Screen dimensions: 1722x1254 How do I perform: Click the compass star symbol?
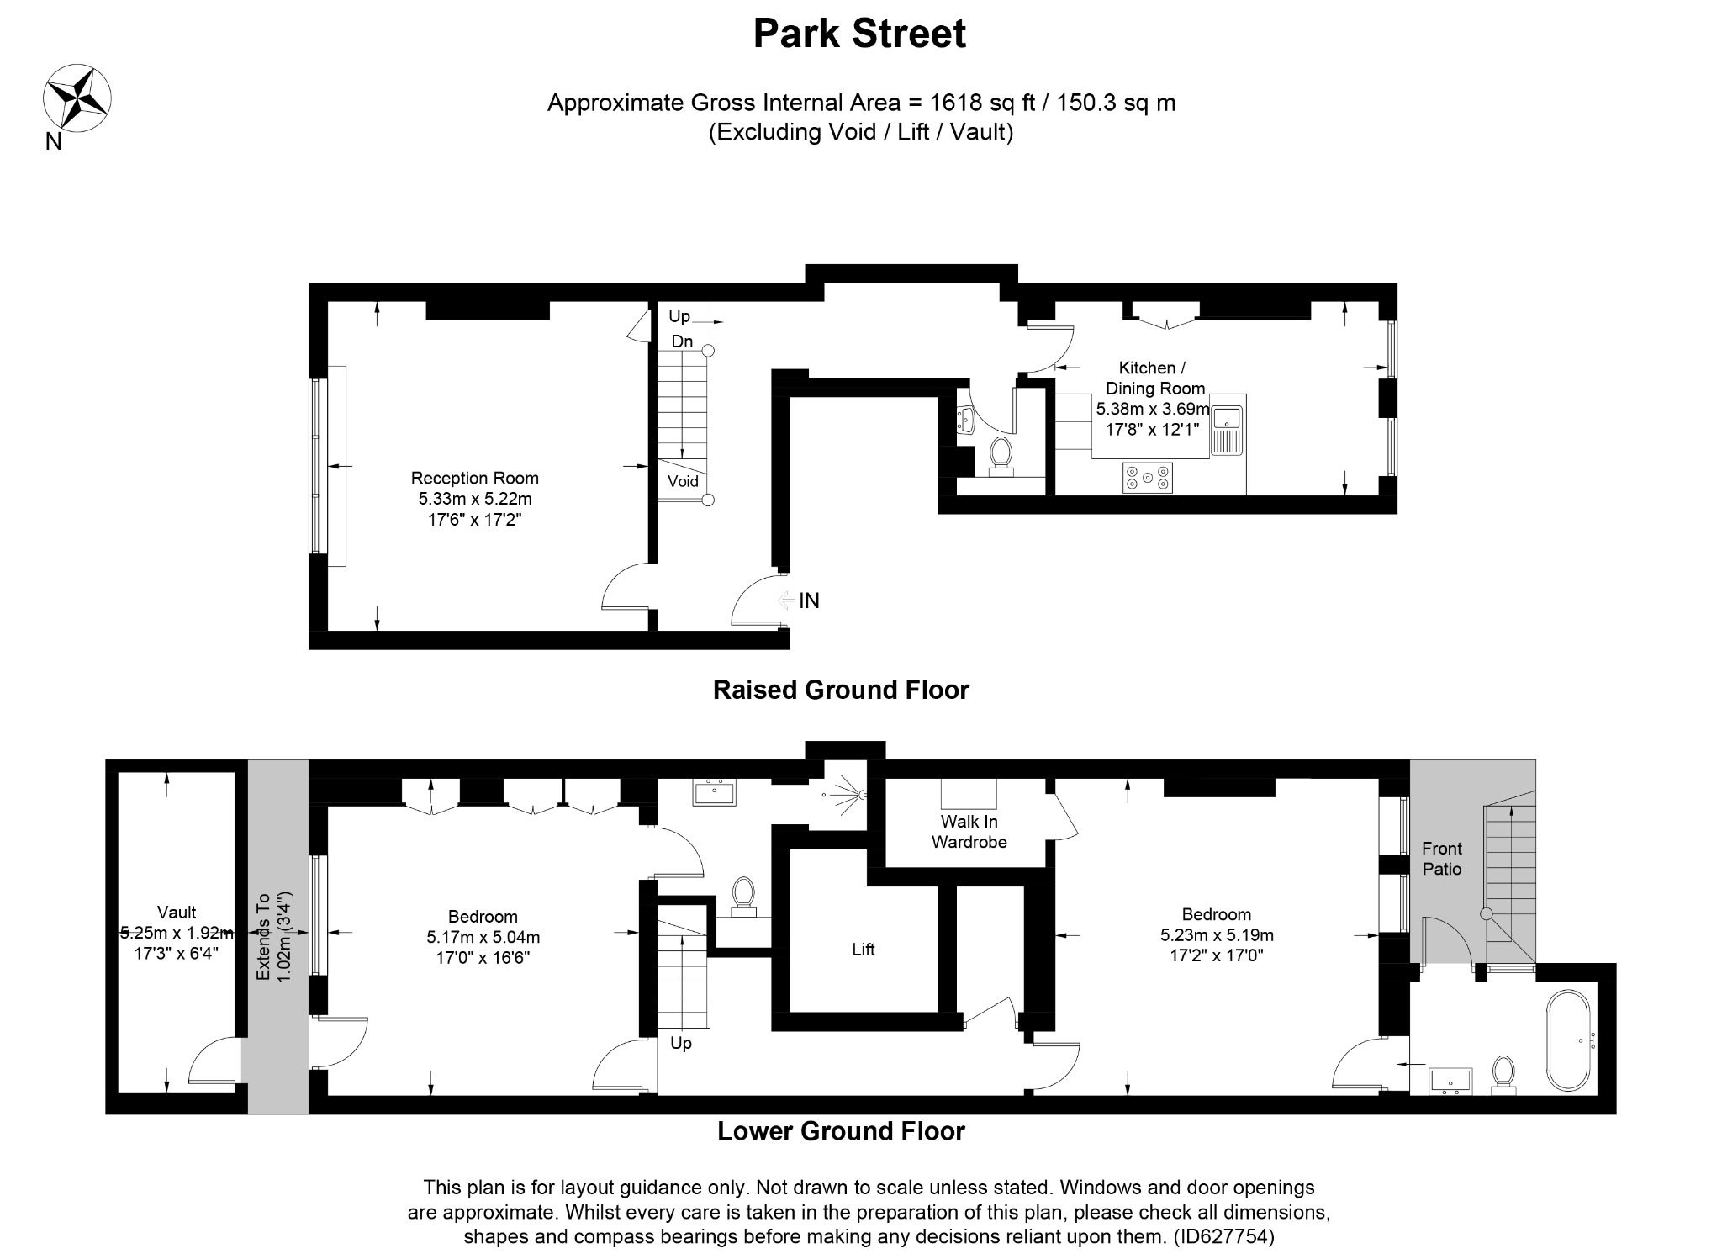[x=77, y=98]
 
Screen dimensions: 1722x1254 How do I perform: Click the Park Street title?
[x=859, y=34]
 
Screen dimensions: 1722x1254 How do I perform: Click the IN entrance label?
[x=809, y=601]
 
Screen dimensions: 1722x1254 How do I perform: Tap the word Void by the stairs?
[x=683, y=481]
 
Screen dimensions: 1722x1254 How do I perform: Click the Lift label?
[x=864, y=950]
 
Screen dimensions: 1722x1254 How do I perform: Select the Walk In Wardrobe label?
[x=969, y=832]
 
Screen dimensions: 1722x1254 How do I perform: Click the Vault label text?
[x=177, y=913]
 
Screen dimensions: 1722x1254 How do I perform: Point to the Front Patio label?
[x=1442, y=859]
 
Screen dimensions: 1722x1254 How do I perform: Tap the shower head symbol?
[x=844, y=794]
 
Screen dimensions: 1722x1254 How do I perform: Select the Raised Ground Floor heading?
[x=841, y=690]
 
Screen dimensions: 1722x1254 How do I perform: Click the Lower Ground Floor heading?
[x=841, y=1132]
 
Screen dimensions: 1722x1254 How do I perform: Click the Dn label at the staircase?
[x=682, y=341]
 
